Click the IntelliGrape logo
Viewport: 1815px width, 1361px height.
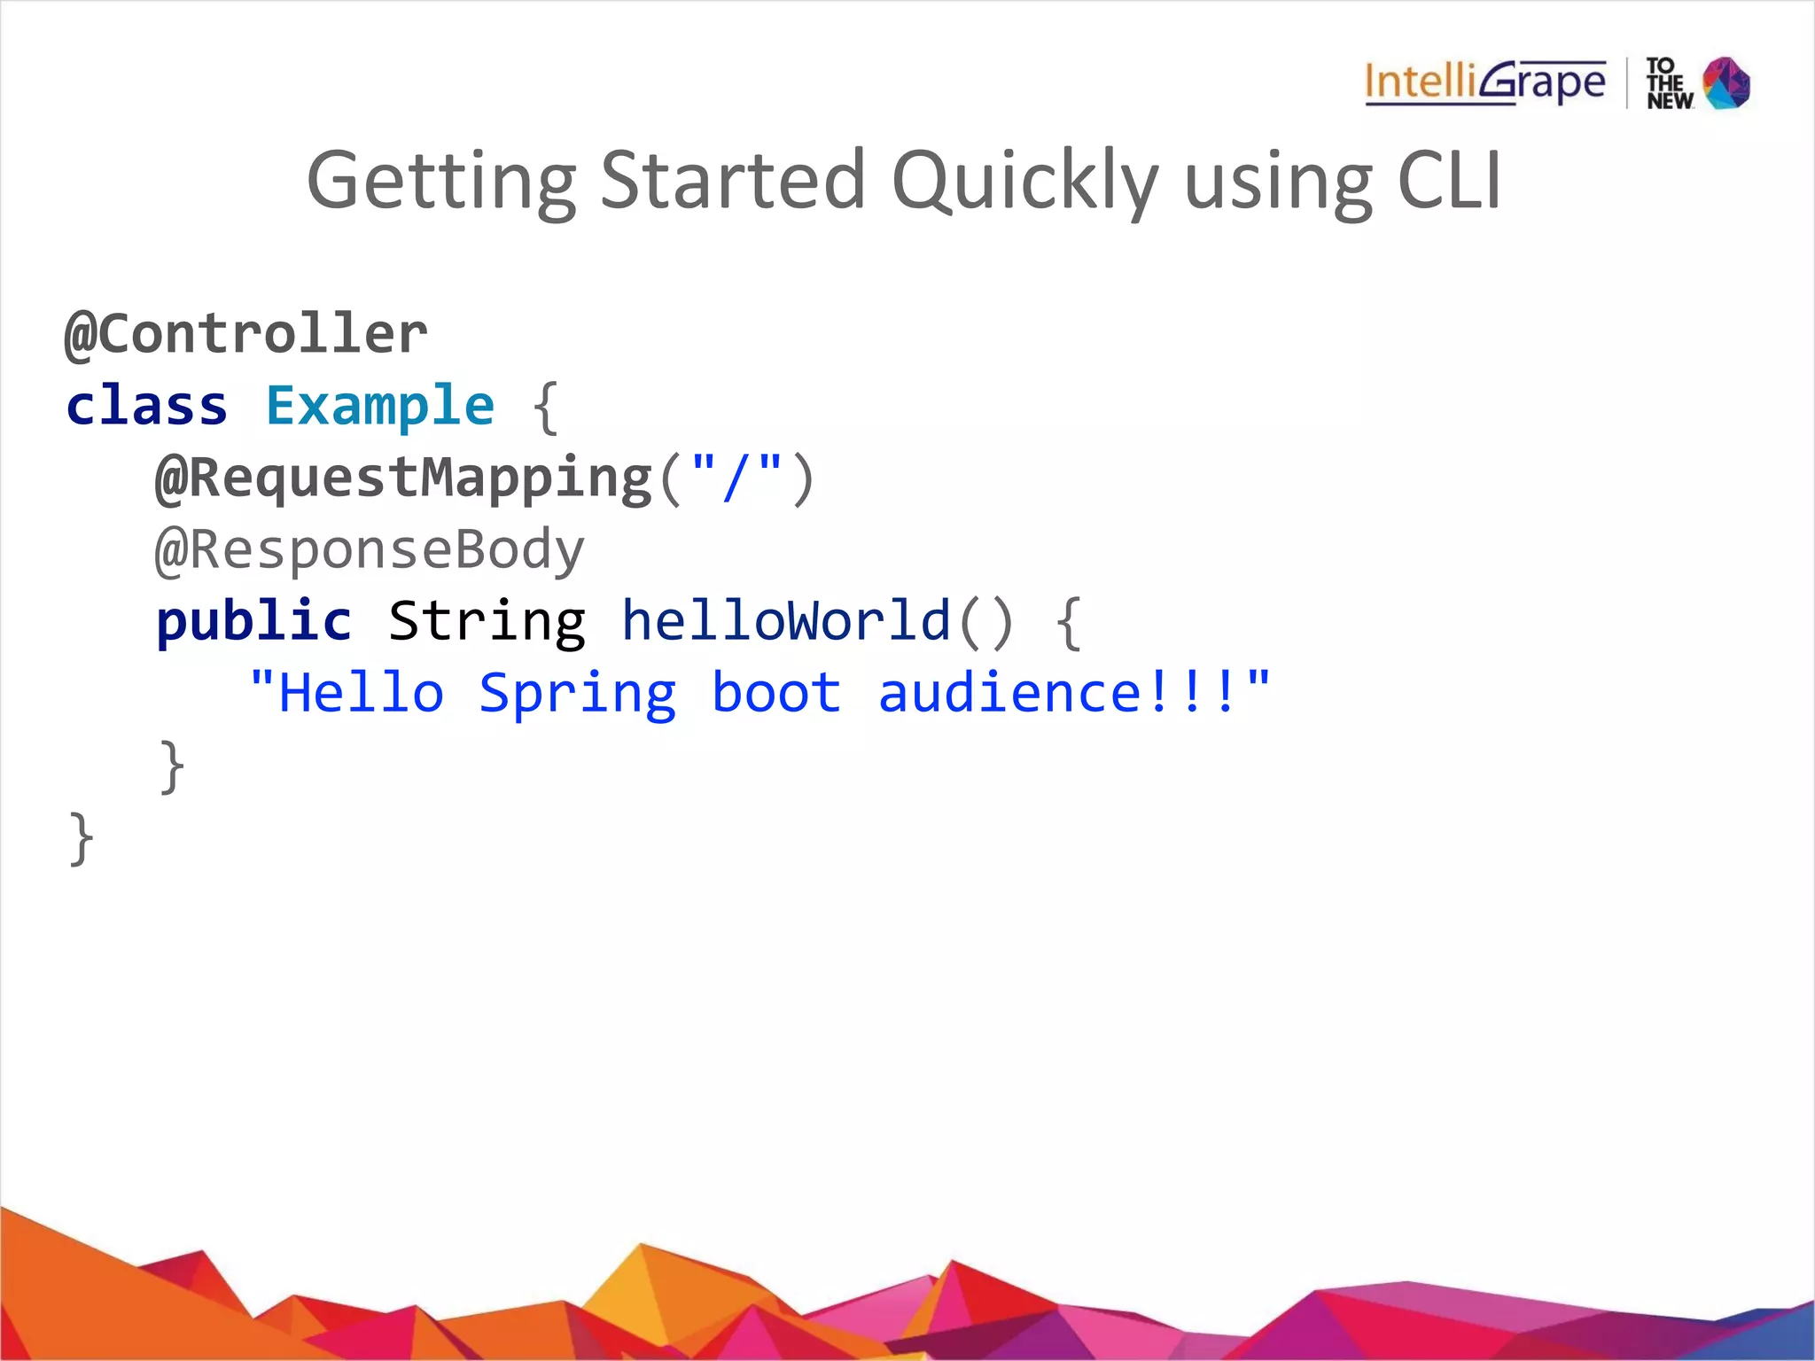[x=1484, y=83]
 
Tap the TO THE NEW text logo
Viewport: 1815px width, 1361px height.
[x=1669, y=84]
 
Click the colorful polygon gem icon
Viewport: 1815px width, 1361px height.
[x=1727, y=83]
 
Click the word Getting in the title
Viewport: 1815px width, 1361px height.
[x=441, y=181]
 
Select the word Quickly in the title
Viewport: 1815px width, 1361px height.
[x=1025, y=181]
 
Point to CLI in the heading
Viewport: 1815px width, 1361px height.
[x=1449, y=179]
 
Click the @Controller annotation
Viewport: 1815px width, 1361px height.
[x=246, y=334]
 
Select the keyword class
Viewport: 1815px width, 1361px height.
[x=147, y=406]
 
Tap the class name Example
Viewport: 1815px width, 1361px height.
[x=380, y=406]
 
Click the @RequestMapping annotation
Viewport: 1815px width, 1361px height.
[x=404, y=478]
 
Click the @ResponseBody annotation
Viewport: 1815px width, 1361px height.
[x=370, y=549]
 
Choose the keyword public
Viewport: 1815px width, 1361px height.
[x=253, y=621]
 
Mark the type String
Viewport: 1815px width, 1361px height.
[x=487, y=621]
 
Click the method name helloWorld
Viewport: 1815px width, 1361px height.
[x=785, y=621]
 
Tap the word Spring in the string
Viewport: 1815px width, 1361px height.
[x=578, y=694]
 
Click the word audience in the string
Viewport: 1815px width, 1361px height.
[x=1009, y=693]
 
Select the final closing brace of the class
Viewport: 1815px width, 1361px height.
[x=81, y=837]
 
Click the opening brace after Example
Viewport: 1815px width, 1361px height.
[x=545, y=408]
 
